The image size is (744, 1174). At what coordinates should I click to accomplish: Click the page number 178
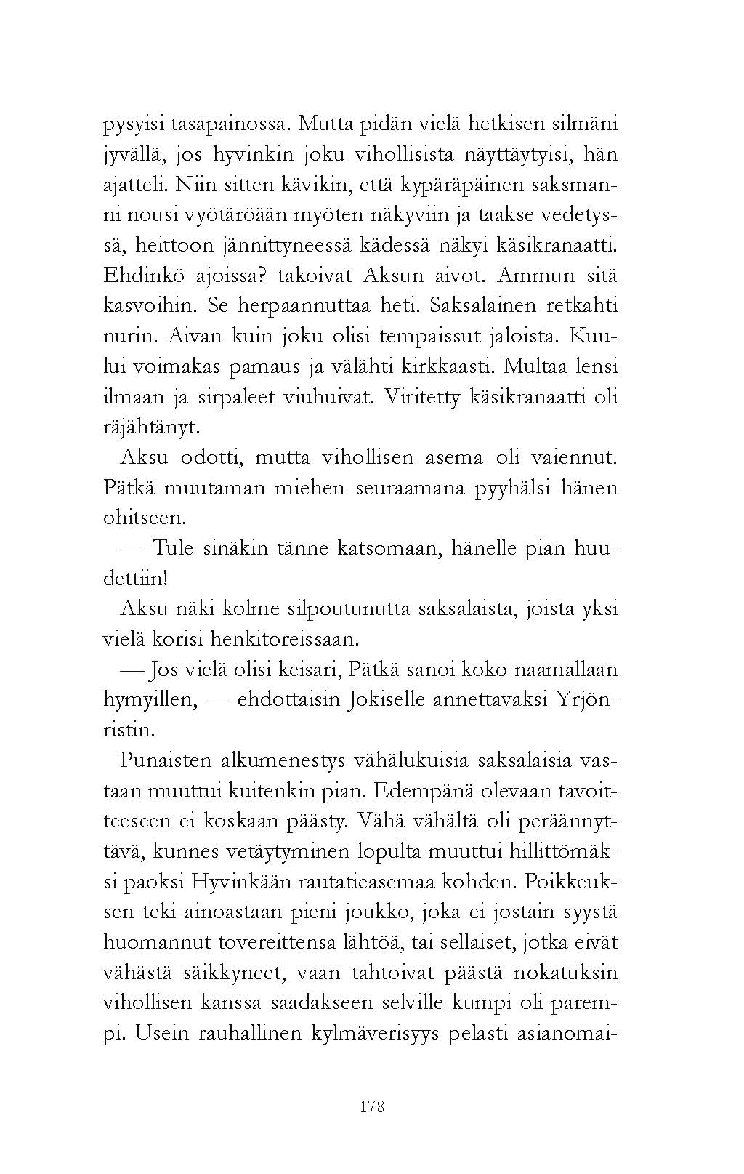click(371, 1107)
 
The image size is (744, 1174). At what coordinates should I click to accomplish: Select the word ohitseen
click(145, 518)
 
